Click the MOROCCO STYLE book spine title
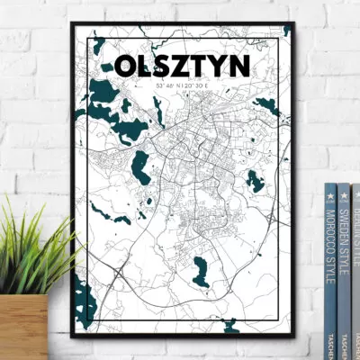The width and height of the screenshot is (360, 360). point(331,243)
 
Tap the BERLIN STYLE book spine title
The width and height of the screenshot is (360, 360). point(356,225)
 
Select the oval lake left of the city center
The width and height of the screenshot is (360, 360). point(140,166)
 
